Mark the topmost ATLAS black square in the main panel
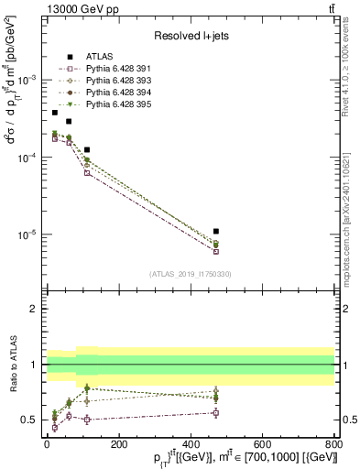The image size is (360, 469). click(x=55, y=113)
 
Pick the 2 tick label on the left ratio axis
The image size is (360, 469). click(x=34, y=310)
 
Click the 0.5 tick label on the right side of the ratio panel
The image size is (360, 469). click(x=348, y=420)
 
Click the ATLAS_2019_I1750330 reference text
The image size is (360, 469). click(x=190, y=274)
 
